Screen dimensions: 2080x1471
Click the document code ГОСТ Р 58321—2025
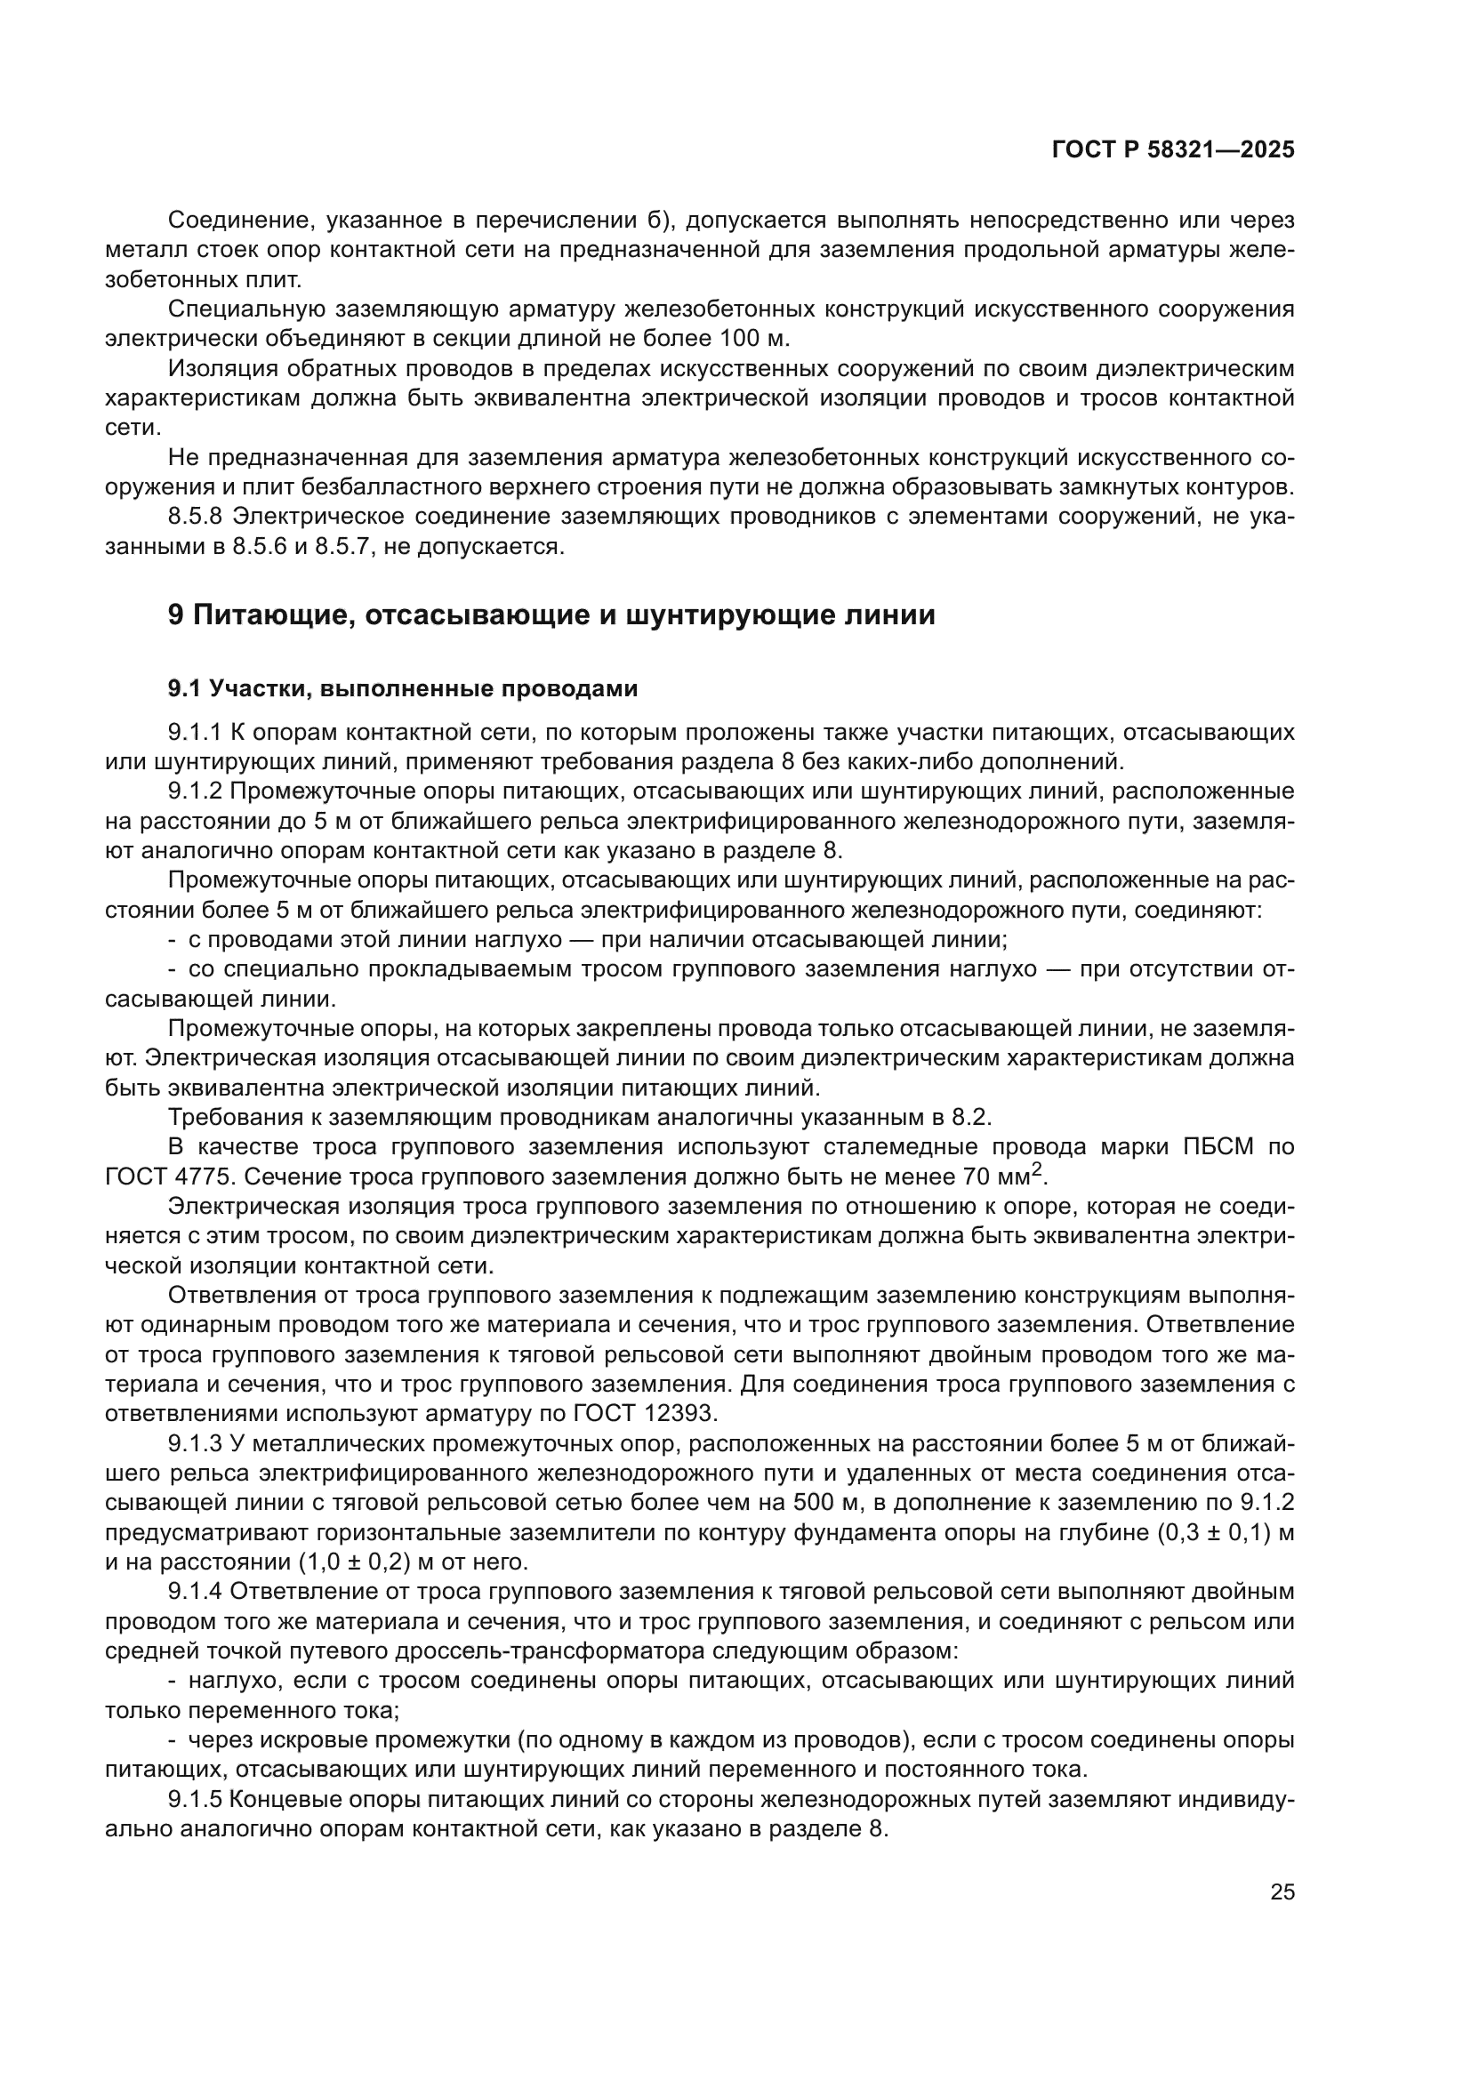coord(1173,150)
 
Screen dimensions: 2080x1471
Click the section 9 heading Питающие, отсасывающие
coord(551,616)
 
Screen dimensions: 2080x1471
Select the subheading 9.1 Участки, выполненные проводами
coord(402,689)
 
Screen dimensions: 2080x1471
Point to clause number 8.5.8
coord(197,518)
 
